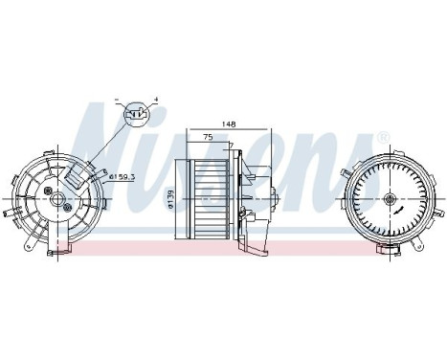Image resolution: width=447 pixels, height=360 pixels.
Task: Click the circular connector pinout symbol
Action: tap(138, 115)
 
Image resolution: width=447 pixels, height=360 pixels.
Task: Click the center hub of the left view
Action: tap(59, 200)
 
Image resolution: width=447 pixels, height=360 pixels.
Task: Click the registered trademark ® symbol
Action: tap(382, 140)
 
